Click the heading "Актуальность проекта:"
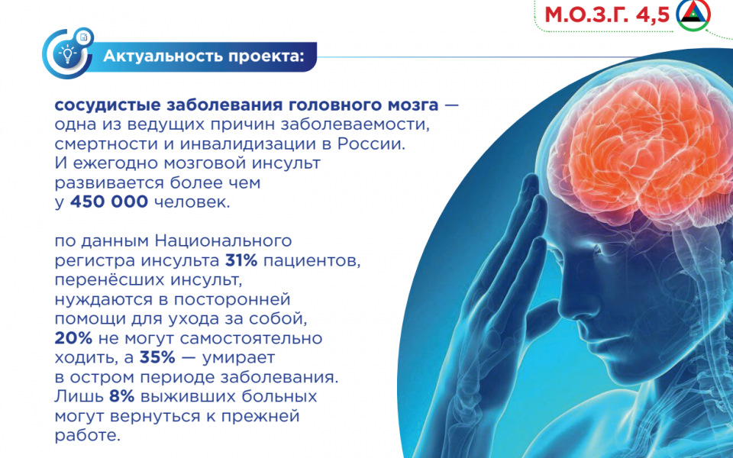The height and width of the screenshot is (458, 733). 204,56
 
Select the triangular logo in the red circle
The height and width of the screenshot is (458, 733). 693,15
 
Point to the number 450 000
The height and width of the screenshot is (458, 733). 109,202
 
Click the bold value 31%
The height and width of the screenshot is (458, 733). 241,260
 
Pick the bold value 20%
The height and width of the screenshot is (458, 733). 73,338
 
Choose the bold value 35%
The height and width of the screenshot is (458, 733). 157,357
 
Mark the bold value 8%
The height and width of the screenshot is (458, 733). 122,396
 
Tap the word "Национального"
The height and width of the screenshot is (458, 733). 224,240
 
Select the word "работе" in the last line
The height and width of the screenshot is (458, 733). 87,435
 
